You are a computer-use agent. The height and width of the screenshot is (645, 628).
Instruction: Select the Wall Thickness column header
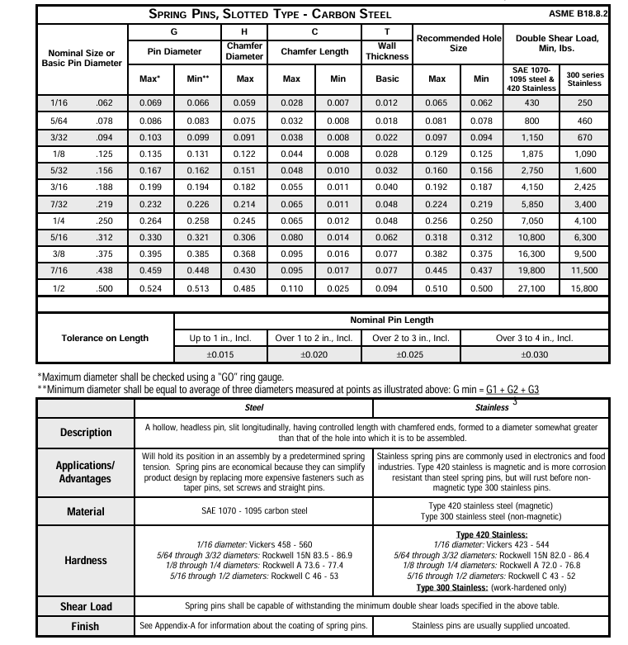387,50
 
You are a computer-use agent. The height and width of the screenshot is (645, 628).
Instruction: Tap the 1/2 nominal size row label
59,289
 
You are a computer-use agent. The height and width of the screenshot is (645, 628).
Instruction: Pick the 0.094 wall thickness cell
387,289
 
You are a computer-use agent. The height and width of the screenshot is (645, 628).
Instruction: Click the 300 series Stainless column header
584,78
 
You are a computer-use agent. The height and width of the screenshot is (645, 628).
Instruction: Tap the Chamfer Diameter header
245,50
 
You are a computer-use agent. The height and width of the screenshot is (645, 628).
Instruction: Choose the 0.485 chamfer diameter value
245,289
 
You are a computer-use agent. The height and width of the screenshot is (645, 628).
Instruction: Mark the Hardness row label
86,560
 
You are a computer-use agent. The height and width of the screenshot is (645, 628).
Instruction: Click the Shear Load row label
86,606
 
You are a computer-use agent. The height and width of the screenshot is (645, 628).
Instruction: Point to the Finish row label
86,626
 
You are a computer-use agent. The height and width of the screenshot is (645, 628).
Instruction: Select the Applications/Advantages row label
86,472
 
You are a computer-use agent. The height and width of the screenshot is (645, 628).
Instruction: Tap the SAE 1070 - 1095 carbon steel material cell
253,511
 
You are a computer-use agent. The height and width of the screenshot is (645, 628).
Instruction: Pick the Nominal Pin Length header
392,320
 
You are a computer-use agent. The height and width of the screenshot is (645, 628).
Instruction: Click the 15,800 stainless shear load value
584,289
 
